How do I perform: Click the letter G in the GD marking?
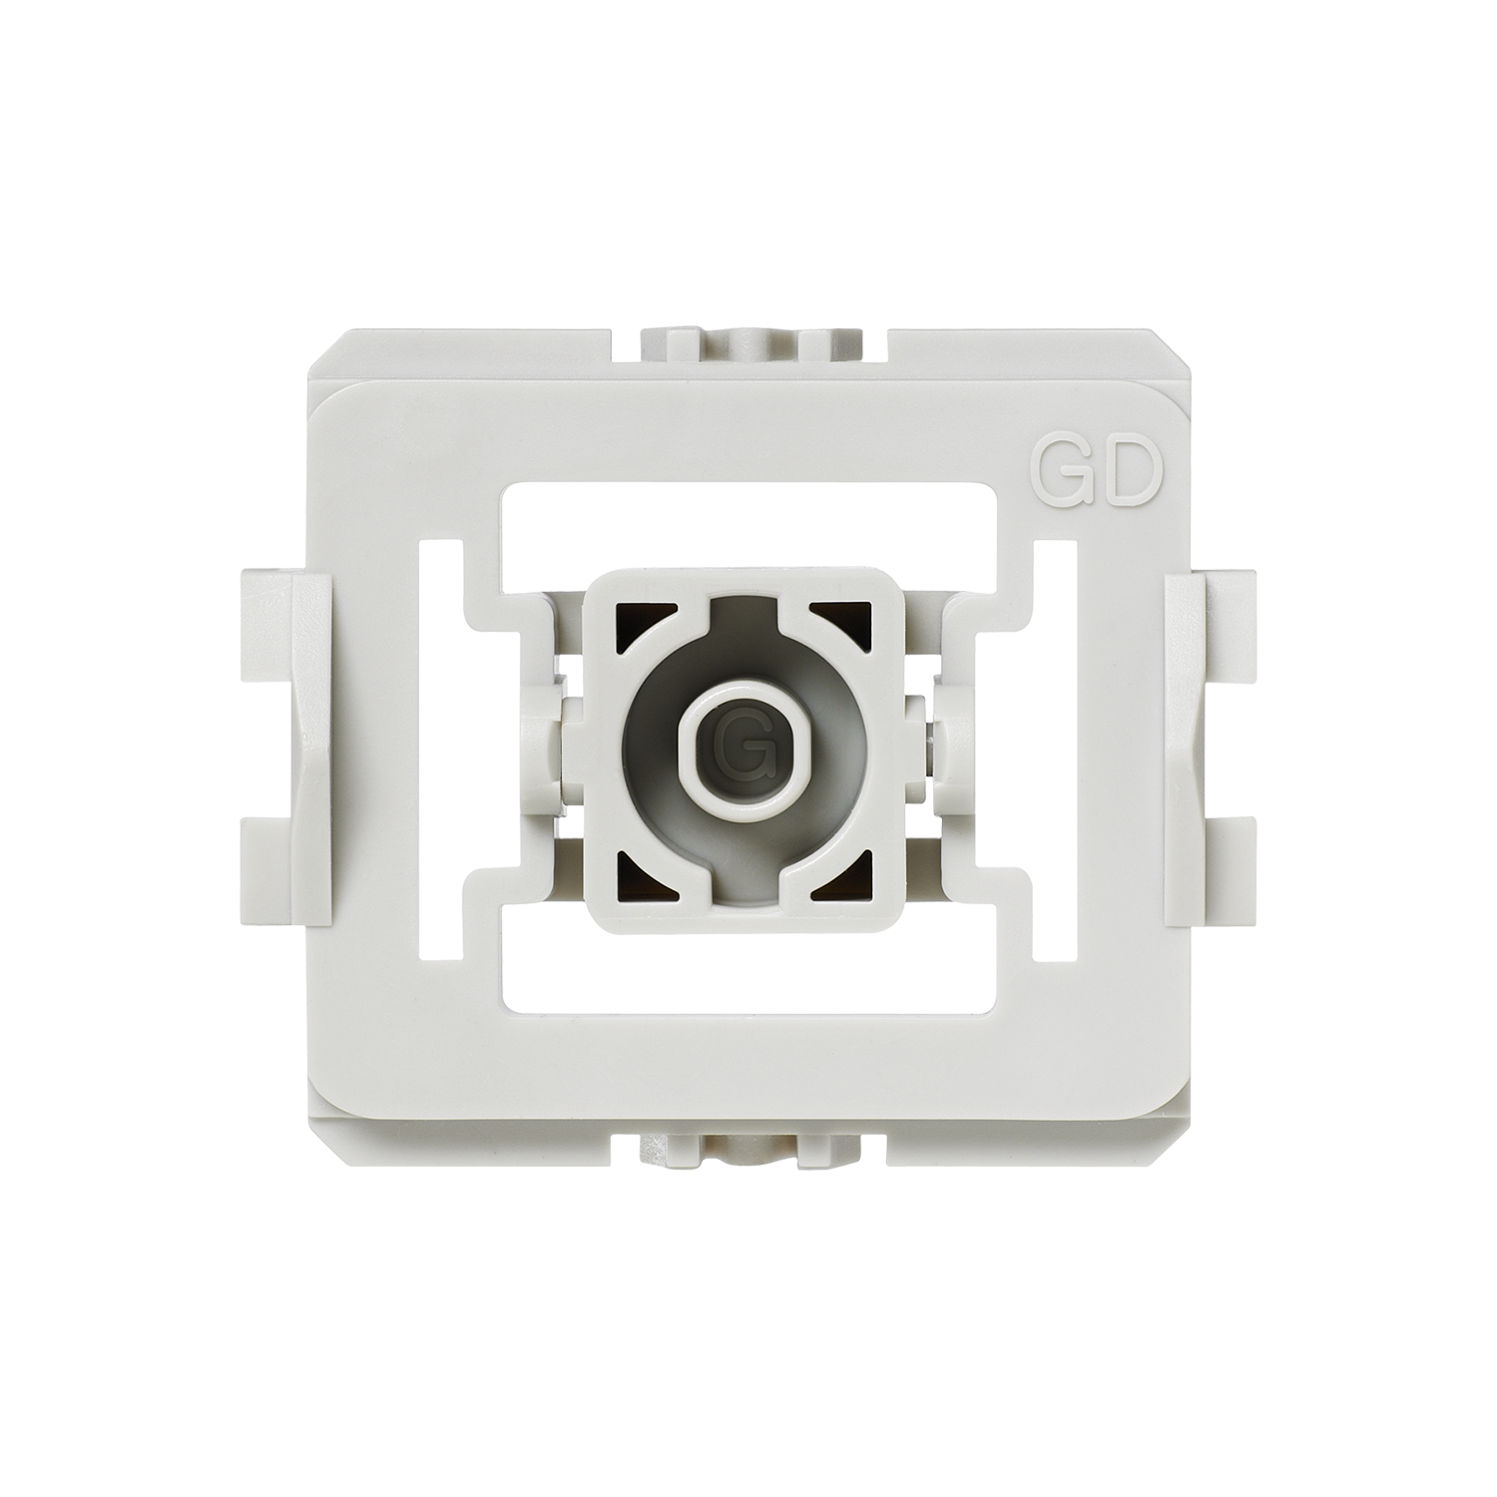point(1061,481)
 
